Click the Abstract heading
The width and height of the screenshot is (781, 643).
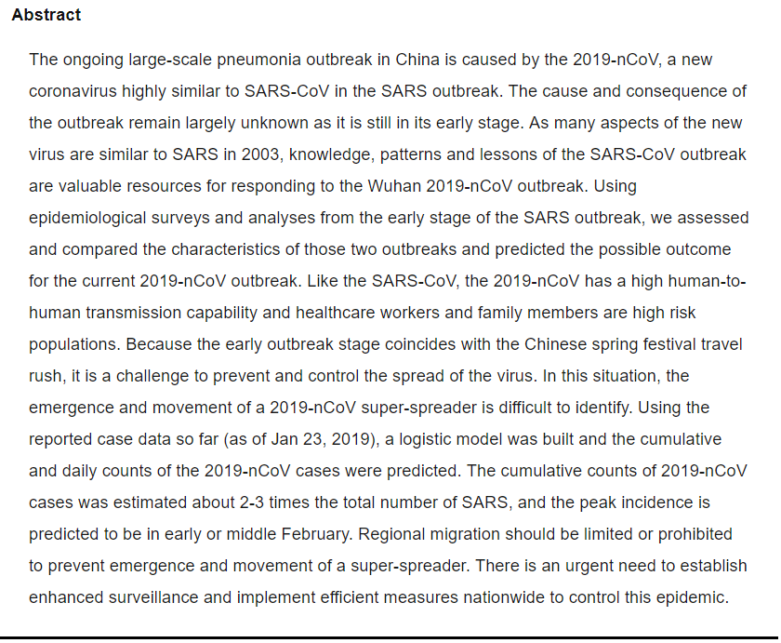coord(46,15)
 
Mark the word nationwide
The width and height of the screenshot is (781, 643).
coord(473,597)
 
